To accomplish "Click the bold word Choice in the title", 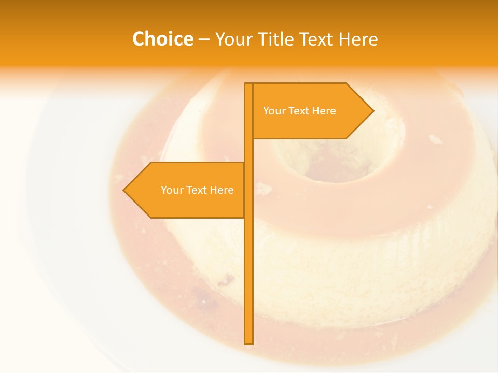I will (x=162, y=39).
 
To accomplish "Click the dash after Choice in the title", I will (x=204, y=39).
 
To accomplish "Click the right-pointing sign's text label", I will (x=299, y=111).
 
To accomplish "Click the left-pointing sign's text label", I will (x=197, y=190).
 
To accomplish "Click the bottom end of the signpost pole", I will (x=248, y=342).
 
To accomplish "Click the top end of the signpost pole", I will (x=248, y=85).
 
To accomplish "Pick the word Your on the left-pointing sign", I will (x=172, y=190).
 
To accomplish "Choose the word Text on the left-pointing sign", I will (x=197, y=190).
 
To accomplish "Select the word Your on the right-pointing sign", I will (x=274, y=111).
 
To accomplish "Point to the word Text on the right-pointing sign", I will (x=299, y=111).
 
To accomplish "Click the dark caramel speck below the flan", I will (x=226, y=281).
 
